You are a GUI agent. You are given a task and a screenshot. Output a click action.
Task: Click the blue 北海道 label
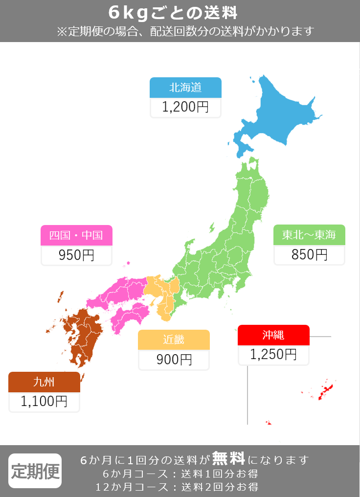[x=185, y=88]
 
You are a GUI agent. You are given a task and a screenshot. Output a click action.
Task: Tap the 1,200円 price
[x=185, y=107]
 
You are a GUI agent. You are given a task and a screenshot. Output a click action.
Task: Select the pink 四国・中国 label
[x=76, y=235]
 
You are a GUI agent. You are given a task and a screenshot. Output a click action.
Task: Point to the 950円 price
[x=76, y=255]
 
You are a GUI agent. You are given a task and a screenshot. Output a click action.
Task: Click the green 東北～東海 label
[x=309, y=235]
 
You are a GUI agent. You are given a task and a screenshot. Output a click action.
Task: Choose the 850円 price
[x=309, y=254]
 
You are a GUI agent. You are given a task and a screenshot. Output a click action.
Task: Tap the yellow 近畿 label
[x=174, y=340]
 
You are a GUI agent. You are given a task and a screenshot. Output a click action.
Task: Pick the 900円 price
[x=174, y=360]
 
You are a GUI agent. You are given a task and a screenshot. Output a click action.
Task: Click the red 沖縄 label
[x=273, y=335]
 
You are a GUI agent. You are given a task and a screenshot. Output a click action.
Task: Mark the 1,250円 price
[x=273, y=355]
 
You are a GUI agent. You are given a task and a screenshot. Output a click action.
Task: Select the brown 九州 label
[x=44, y=382]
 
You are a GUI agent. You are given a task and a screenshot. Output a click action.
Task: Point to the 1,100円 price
[x=44, y=402]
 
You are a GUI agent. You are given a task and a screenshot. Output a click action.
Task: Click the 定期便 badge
[x=35, y=471]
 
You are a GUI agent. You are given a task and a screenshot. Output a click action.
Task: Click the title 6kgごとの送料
[x=180, y=12]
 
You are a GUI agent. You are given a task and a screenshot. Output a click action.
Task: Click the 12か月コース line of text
[x=177, y=487]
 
